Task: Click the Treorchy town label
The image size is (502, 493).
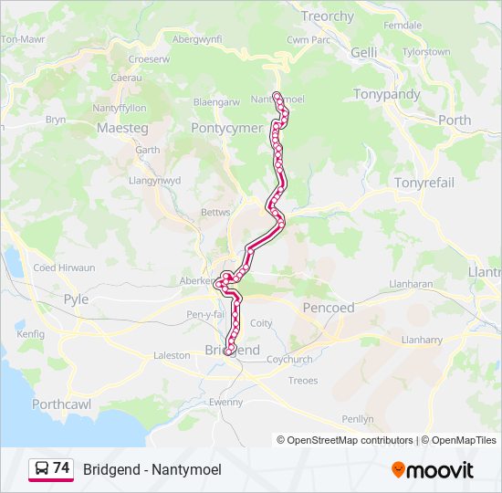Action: (x=328, y=16)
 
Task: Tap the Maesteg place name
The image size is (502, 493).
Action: (x=122, y=129)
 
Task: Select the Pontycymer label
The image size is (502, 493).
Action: (x=227, y=129)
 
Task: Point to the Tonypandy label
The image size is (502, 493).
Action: (x=387, y=94)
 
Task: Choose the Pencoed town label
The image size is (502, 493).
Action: (x=329, y=308)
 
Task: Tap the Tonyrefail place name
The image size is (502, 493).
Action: (x=424, y=183)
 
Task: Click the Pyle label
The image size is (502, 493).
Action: (x=76, y=299)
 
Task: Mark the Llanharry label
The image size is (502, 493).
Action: (x=423, y=340)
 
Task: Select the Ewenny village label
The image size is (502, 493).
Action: (x=225, y=402)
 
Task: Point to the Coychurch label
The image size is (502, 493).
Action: (x=290, y=359)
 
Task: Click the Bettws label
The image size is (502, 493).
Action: (x=215, y=212)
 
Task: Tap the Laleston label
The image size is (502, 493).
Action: (x=172, y=355)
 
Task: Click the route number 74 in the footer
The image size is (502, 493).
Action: (x=61, y=468)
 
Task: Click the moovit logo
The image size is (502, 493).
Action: (x=433, y=470)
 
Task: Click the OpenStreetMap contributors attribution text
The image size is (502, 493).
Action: (x=350, y=440)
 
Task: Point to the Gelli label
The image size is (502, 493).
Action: (x=363, y=53)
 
